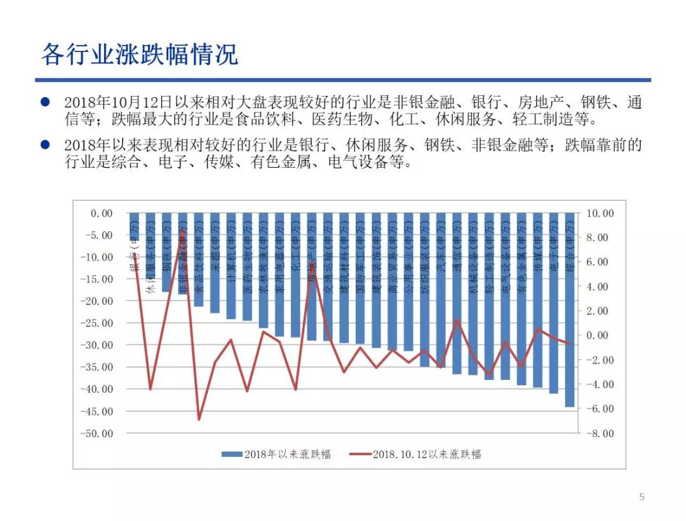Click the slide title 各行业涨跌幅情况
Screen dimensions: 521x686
tap(139, 55)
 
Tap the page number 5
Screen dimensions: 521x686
tap(641, 497)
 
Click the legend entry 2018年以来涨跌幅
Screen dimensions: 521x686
tap(276, 454)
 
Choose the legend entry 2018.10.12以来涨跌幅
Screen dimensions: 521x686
tap(416, 454)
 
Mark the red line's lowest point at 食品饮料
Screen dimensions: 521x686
tap(199, 419)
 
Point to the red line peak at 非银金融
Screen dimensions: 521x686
tap(183, 230)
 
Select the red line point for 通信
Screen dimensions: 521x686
tap(457, 320)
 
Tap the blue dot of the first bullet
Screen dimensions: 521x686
tap(45, 102)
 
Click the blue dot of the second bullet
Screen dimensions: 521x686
tap(45, 145)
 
